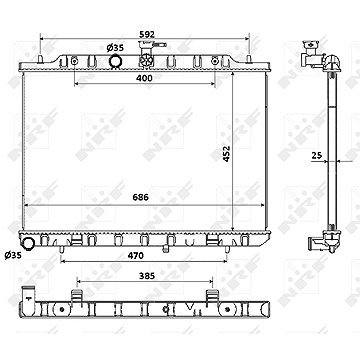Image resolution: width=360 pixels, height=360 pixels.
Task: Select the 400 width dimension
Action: [x=145, y=77]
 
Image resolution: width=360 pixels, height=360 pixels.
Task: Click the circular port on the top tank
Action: [x=116, y=63]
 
